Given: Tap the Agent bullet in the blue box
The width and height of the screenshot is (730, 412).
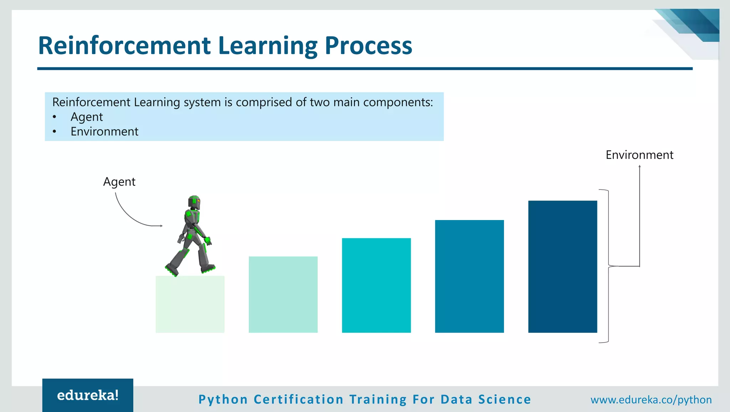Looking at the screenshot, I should click(x=87, y=117).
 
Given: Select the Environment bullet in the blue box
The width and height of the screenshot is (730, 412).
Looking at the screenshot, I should click(x=104, y=131).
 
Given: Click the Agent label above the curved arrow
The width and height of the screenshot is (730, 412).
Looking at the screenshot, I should click(x=119, y=182).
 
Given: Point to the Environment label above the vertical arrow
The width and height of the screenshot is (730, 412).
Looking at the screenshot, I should click(x=639, y=155).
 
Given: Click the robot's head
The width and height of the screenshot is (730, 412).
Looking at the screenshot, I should click(x=194, y=202).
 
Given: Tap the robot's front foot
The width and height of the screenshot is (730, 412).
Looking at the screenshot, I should click(x=208, y=268).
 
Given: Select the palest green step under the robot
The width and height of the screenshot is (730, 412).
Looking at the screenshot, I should click(x=190, y=304).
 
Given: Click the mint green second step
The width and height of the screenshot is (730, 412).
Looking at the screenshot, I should click(x=283, y=295).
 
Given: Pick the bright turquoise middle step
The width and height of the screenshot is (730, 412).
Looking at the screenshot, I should click(x=376, y=286).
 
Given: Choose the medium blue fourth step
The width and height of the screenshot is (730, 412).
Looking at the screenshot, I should click(x=469, y=276).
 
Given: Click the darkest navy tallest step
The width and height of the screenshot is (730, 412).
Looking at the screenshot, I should click(x=562, y=267).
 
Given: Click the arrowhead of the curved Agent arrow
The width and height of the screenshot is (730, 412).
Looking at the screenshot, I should click(x=161, y=226).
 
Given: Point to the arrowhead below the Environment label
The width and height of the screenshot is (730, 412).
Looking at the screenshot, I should click(x=639, y=166).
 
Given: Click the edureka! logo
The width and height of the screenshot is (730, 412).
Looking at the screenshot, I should click(x=88, y=395).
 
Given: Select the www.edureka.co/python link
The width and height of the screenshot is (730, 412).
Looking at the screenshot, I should click(x=651, y=400).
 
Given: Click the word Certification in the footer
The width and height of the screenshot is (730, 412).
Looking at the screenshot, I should click(x=298, y=400).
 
